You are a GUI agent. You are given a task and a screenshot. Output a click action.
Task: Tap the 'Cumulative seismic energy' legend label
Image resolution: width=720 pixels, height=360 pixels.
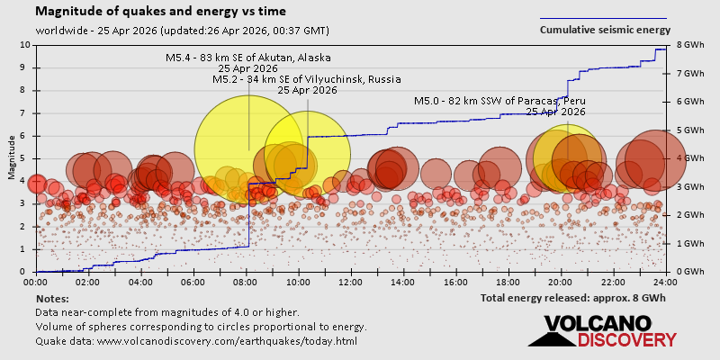pyautogui.click(x=605, y=30)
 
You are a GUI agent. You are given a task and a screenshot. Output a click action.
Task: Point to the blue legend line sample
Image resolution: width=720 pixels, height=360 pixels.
pyautogui.click(x=603, y=18)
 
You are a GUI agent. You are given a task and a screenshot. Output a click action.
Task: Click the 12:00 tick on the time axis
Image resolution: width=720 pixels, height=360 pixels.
pyautogui.click(x=351, y=281)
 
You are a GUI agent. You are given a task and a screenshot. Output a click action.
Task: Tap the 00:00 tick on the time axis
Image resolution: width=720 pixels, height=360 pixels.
pyautogui.click(x=37, y=281)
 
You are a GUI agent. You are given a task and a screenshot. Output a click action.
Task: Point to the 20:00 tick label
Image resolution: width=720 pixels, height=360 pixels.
pyautogui.click(x=561, y=281)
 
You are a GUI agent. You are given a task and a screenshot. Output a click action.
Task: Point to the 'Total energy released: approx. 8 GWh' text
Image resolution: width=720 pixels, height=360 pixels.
pyautogui.click(x=573, y=297)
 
